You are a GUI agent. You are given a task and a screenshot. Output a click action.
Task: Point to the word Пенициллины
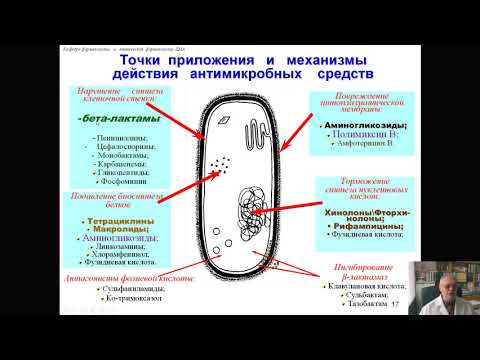point(120,137)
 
